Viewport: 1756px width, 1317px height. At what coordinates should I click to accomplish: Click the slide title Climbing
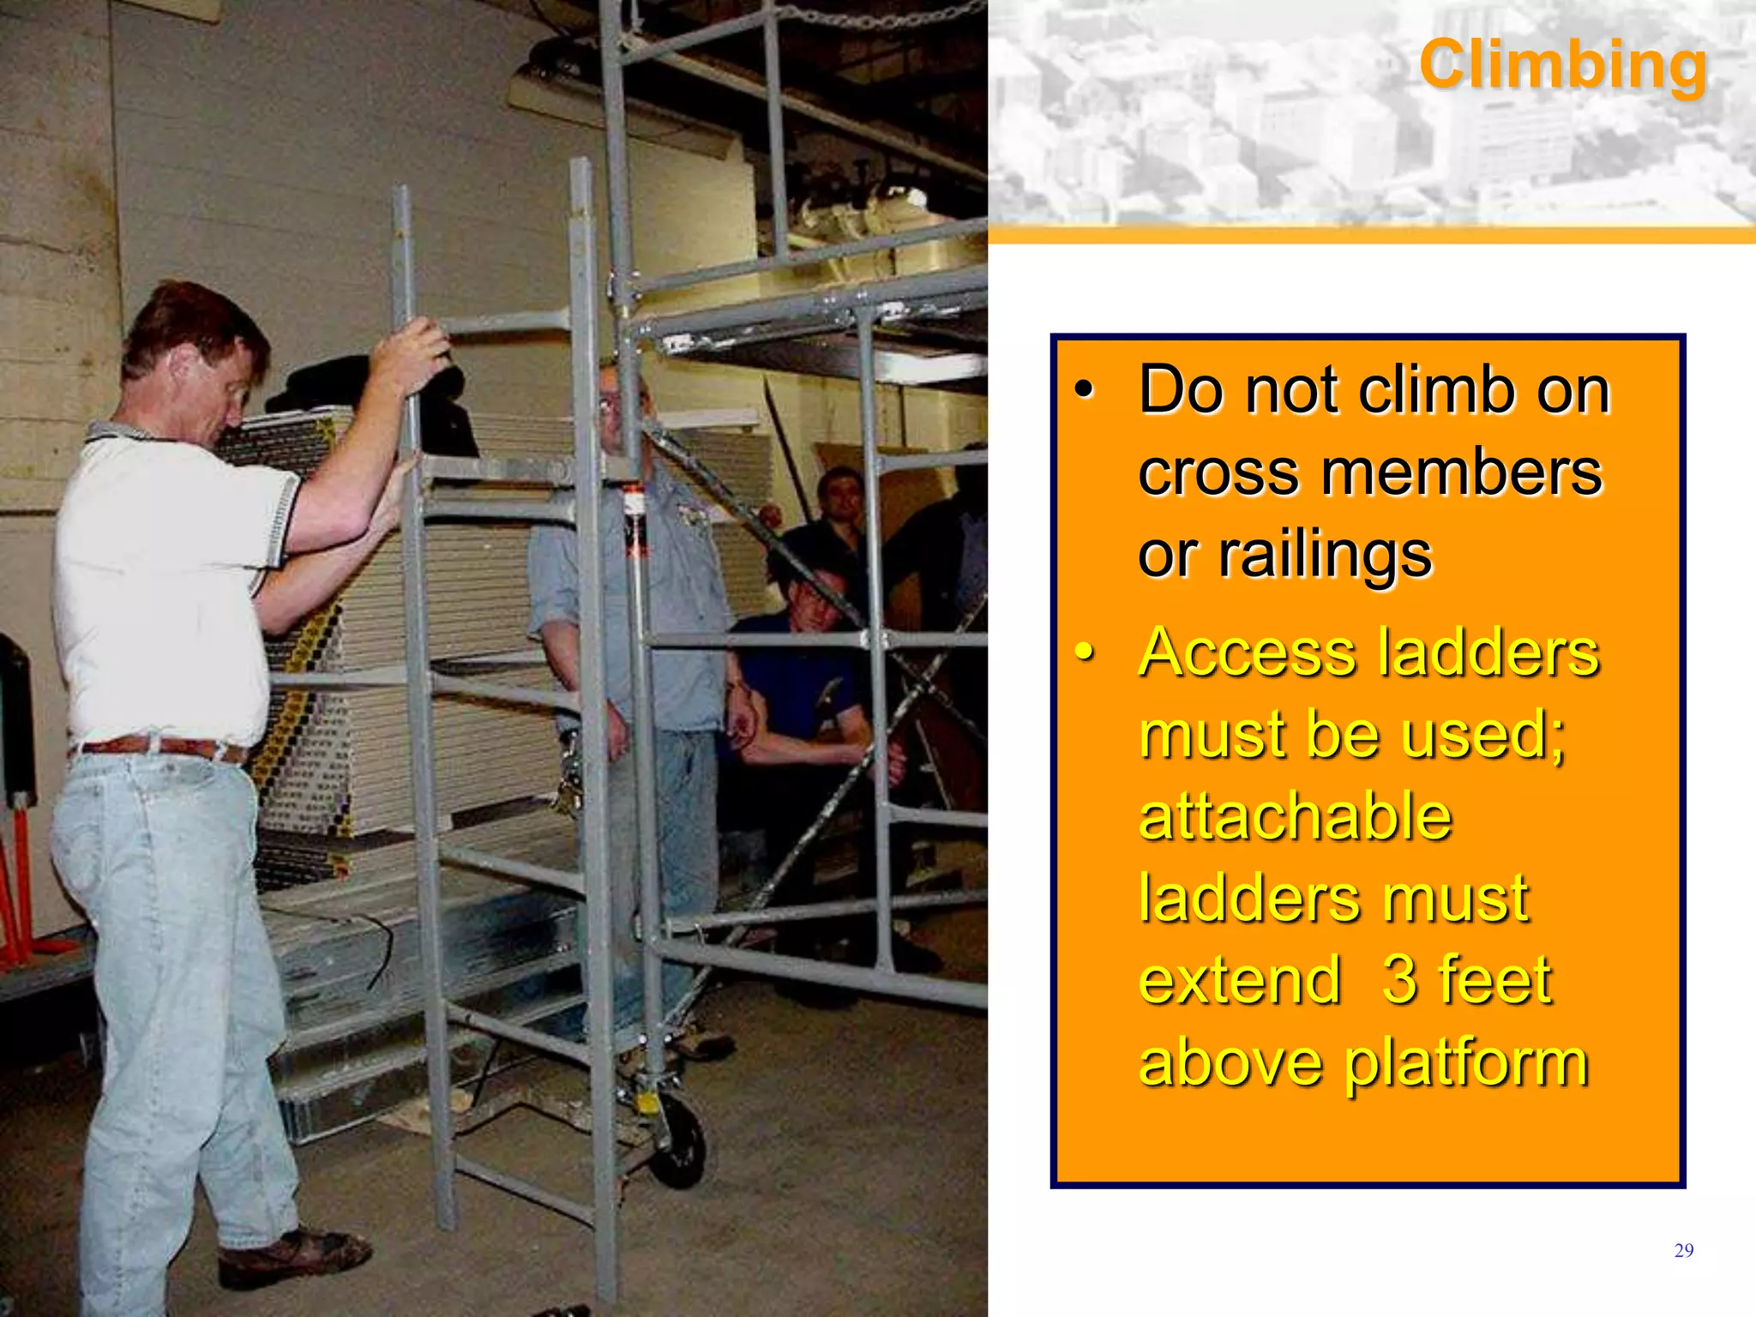point(1562,64)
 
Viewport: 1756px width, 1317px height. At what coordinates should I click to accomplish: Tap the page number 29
point(1683,1251)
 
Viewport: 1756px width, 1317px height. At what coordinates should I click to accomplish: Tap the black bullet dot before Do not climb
point(1085,390)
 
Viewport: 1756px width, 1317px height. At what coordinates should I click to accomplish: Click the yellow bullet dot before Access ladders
point(1085,652)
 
